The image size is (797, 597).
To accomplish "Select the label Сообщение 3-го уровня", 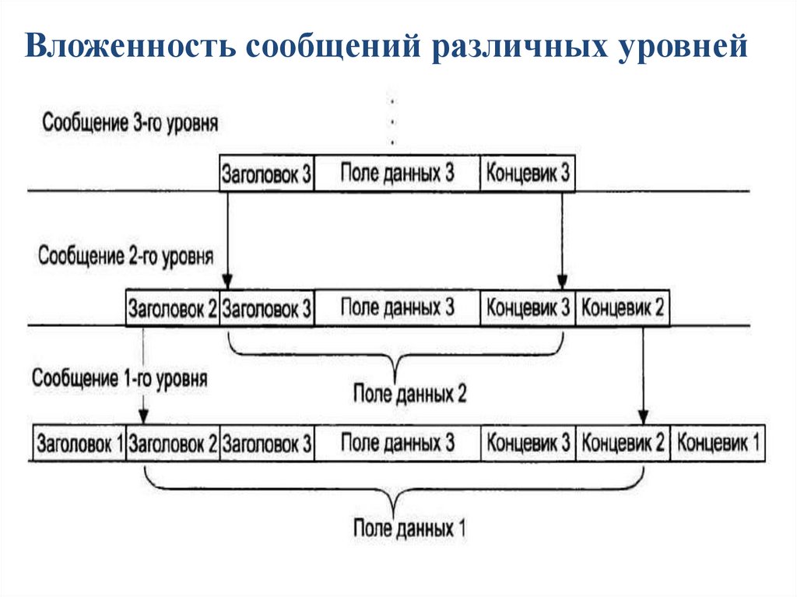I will (131, 124).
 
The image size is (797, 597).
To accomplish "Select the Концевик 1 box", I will (718, 444).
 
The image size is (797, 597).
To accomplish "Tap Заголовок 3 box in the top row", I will (267, 174).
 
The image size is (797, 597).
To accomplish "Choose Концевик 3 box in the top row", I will (528, 174).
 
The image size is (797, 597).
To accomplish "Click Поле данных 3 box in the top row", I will (397, 174).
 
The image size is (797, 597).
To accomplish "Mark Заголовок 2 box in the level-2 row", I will (173, 308).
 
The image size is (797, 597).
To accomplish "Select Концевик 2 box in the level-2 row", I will (623, 308).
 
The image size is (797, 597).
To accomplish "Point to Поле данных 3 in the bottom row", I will (397, 444).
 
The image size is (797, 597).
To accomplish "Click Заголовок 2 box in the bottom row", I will (173, 444).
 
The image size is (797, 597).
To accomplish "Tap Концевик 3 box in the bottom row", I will (528, 444).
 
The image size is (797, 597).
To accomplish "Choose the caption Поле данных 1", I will (409, 529).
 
